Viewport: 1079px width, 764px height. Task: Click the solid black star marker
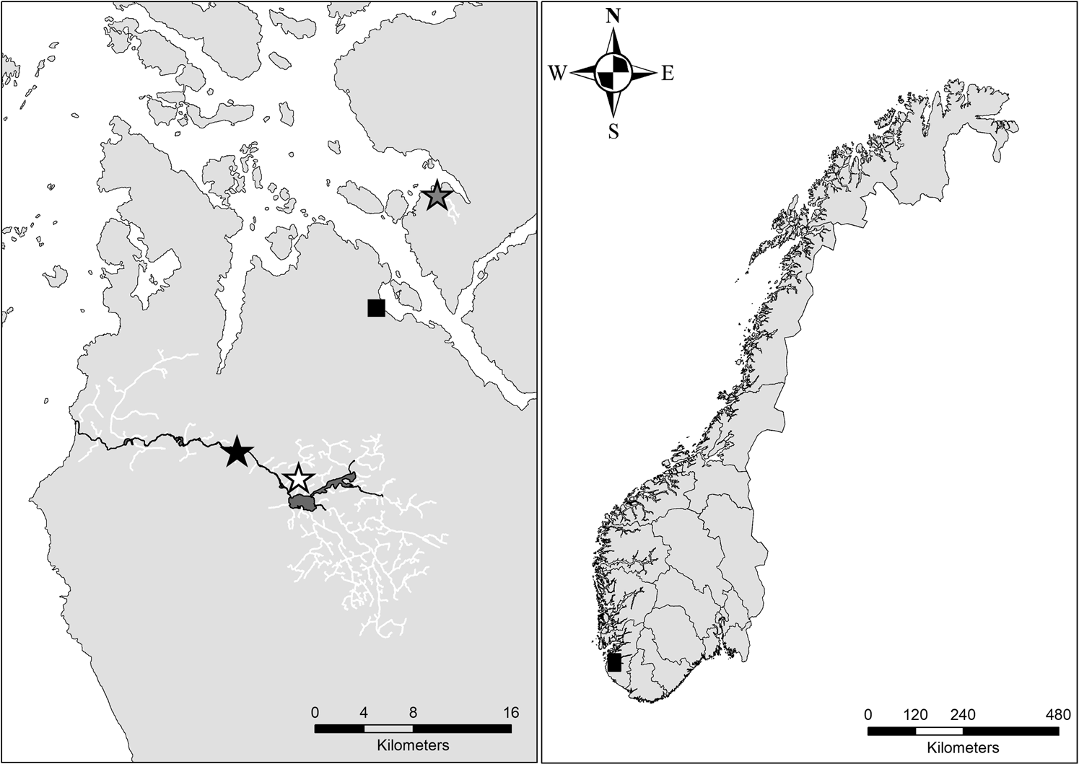[x=237, y=452]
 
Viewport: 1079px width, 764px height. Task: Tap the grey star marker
[x=437, y=196]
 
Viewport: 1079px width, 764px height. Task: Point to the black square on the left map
[x=376, y=308]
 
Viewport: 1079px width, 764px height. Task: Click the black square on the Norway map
[x=614, y=662]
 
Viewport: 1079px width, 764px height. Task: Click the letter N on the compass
[x=613, y=17]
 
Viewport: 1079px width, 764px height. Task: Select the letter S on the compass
[x=613, y=132]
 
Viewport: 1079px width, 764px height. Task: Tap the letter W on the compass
[x=558, y=73]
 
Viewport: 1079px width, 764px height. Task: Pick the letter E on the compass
[x=668, y=73]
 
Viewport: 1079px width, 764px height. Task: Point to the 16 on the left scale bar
[x=510, y=713]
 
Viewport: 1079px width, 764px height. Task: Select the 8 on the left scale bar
[x=413, y=713]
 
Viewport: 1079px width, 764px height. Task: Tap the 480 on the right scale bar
[x=1058, y=715]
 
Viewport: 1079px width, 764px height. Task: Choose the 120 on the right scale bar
[x=915, y=715]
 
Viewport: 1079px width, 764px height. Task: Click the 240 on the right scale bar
[x=963, y=715]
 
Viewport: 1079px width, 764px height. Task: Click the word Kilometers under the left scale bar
[x=413, y=745]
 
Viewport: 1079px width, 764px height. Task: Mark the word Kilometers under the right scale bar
[x=963, y=747]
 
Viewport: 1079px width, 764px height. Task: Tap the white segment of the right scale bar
[x=939, y=731]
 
